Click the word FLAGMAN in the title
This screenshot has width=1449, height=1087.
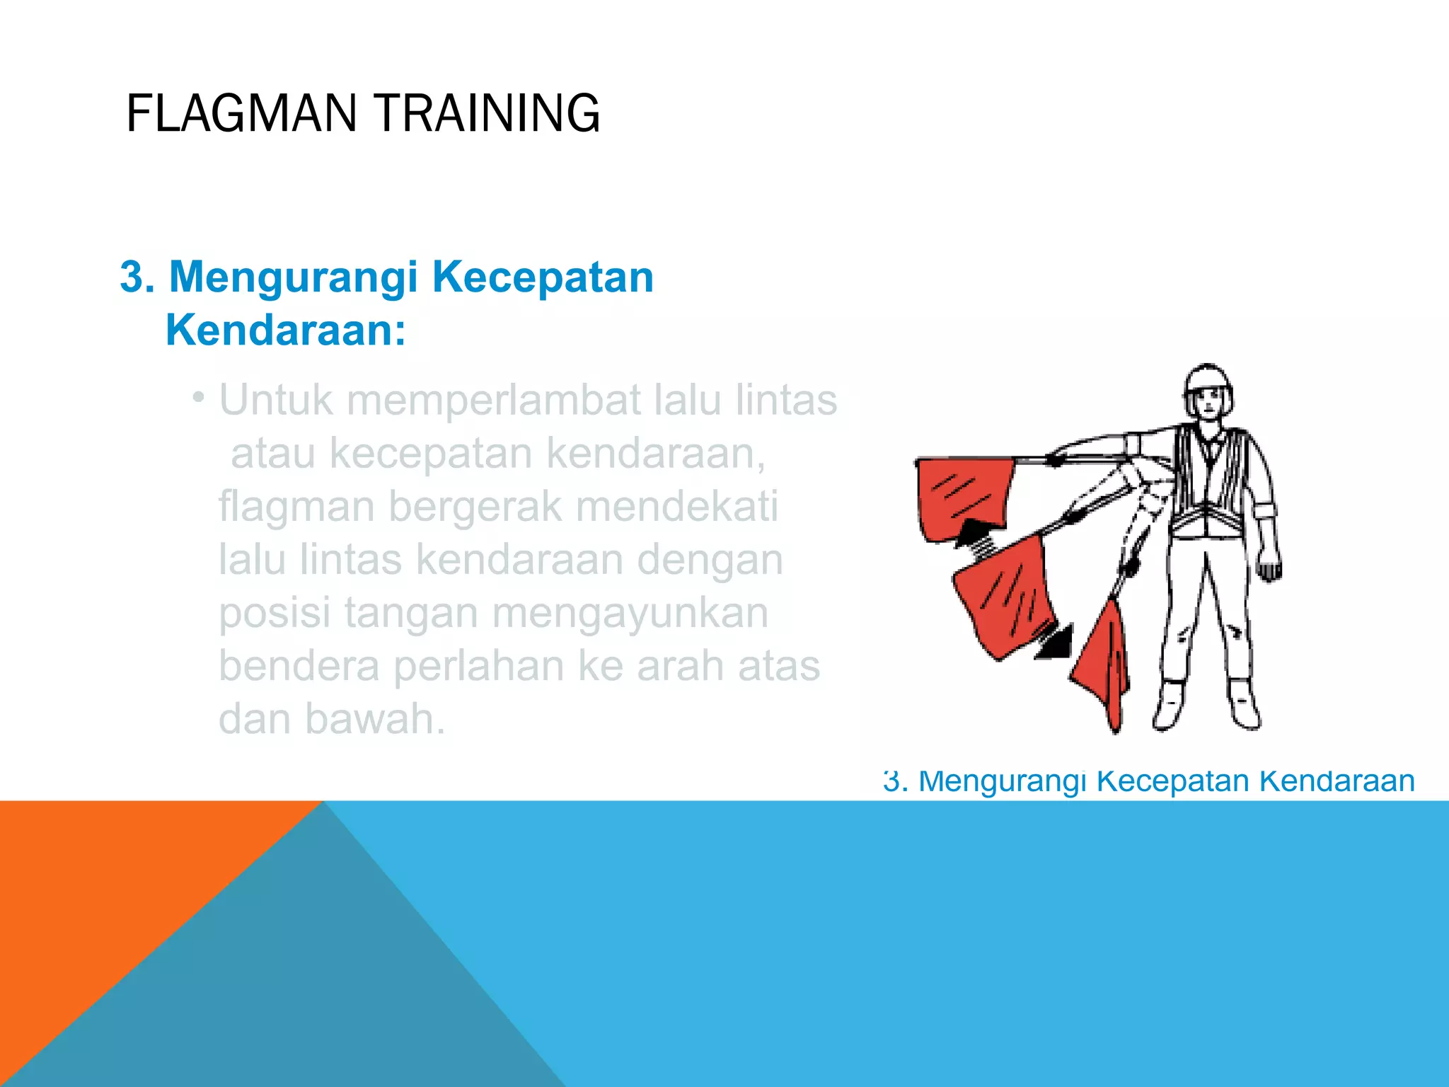coord(241,113)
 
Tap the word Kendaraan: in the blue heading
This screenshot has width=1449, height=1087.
coord(286,330)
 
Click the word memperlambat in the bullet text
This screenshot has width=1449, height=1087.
coord(493,401)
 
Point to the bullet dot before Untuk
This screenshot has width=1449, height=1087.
coord(199,398)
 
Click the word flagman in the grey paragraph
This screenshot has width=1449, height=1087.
coord(296,507)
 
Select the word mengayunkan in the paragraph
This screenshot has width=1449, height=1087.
coord(630,613)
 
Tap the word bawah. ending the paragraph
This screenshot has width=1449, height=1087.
coord(375,719)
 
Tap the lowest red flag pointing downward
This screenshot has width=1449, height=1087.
coord(1104,665)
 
